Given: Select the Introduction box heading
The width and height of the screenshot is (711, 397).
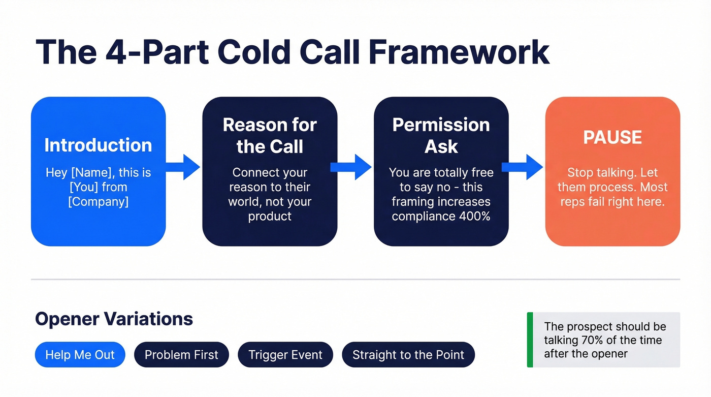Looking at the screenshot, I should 98,145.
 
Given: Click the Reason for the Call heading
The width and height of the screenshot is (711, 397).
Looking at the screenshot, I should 270,136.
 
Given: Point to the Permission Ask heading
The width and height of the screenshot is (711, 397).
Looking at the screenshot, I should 441,136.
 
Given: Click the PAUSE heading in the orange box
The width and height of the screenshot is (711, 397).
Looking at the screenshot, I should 612,137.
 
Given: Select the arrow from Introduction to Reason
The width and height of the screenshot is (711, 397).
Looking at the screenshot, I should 183,167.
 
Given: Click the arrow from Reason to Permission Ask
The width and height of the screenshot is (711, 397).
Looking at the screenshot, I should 351,167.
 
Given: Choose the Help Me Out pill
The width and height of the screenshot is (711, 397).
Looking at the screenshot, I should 80,355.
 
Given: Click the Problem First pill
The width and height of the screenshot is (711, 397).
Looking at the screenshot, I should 181,355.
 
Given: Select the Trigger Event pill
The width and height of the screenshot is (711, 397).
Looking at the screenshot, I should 285,355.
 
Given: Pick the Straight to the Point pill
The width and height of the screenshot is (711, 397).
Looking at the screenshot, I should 408,355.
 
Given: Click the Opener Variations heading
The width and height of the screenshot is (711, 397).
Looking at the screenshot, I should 114,319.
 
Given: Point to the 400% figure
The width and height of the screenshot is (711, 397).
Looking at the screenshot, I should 475,216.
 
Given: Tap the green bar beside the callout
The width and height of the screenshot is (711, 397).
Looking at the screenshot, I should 530,340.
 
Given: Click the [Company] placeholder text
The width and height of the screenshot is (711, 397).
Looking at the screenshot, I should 98,201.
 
